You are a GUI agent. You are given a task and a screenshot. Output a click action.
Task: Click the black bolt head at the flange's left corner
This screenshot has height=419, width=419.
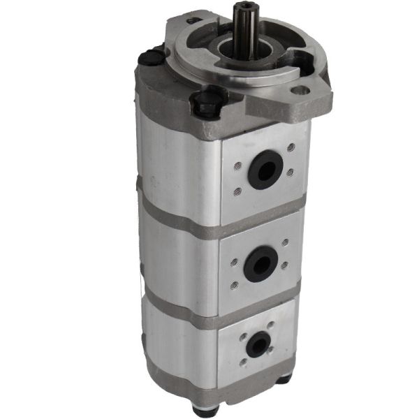(x=149, y=58)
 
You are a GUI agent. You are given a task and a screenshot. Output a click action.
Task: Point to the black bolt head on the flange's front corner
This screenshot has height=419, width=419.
(x=207, y=105)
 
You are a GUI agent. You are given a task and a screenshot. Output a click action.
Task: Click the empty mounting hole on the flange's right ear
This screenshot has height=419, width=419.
(x=300, y=90)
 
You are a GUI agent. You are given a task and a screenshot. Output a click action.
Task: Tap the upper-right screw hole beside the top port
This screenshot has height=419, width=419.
(x=290, y=147)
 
